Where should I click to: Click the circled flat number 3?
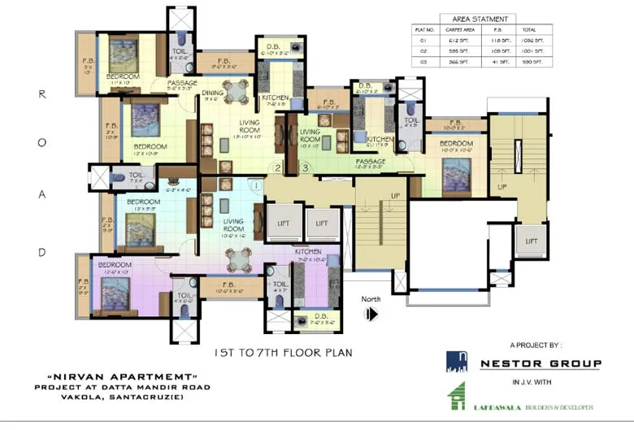(306, 168)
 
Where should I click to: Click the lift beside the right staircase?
(530, 241)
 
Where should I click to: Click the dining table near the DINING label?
(236, 90)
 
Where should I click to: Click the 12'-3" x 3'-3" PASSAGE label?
(370, 165)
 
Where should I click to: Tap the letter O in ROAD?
(42, 145)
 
